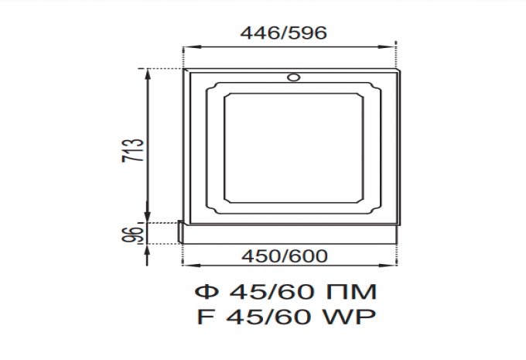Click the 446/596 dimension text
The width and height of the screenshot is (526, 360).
click(x=283, y=33)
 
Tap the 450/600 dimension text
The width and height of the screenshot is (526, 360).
click(x=285, y=256)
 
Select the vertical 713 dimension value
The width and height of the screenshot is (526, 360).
click(x=132, y=150)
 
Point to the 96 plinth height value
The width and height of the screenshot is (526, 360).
click(x=132, y=234)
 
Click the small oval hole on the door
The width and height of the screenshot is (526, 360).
click(x=293, y=77)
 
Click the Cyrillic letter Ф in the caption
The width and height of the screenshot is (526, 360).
click(x=207, y=292)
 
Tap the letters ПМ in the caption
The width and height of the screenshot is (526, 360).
click(x=351, y=292)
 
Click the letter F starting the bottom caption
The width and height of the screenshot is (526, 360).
click(x=205, y=317)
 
